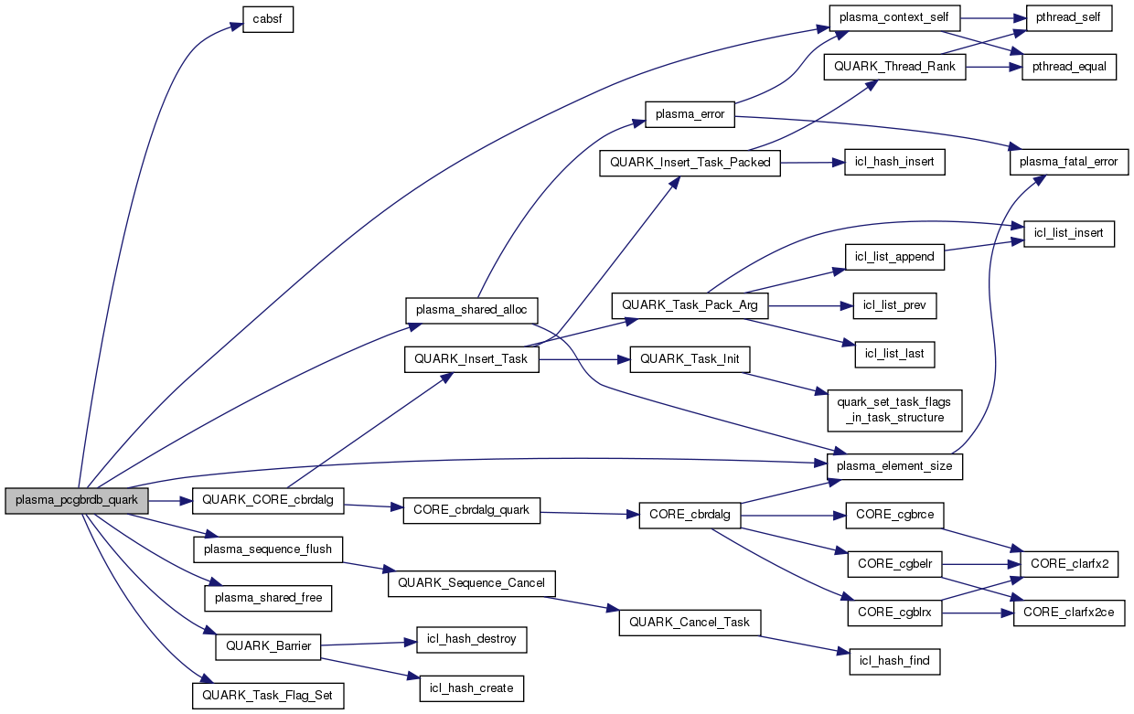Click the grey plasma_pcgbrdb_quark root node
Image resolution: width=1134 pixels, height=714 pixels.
77,501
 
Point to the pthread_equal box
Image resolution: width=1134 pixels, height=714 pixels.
1069,68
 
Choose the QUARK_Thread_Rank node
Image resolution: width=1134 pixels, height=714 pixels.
894,68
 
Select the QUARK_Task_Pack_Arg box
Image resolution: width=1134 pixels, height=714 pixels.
690,304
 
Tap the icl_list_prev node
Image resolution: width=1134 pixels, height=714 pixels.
894,305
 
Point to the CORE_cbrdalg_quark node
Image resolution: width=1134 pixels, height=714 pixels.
471,510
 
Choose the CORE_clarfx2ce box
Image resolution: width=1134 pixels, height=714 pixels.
1069,613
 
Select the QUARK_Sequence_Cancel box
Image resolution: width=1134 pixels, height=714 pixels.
472,583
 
